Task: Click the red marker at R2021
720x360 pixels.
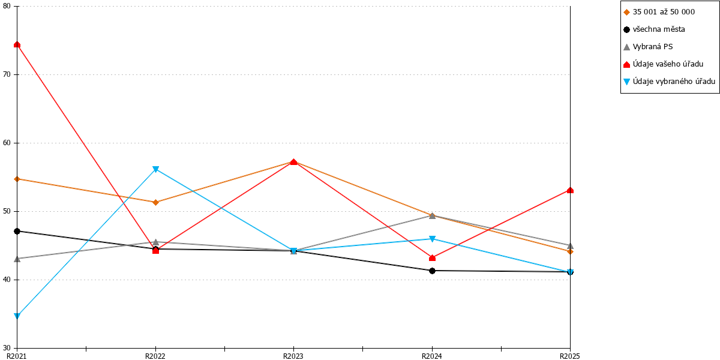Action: point(17,44)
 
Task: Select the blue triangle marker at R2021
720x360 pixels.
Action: point(17,316)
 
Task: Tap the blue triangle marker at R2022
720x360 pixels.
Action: point(155,169)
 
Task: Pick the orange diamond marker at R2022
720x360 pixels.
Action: point(155,203)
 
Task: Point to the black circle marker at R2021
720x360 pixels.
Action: point(17,232)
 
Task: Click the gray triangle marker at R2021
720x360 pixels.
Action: point(17,259)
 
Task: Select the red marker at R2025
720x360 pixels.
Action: point(570,190)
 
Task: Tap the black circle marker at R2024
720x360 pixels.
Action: point(433,271)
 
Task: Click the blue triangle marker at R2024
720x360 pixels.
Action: point(433,239)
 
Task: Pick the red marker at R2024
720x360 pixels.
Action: point(433,258)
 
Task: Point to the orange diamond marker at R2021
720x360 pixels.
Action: point(17,179)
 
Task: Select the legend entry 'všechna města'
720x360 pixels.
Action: point(655,29)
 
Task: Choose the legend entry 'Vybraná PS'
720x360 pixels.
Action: point(648,47)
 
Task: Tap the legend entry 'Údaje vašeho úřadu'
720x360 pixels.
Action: point(664,64)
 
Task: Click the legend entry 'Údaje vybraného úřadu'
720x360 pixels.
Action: point(670,82)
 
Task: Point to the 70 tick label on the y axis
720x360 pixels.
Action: point(7,74)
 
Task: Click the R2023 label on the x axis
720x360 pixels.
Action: point(293,356)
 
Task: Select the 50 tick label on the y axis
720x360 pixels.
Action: point(7,211)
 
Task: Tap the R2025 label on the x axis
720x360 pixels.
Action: point(570,356)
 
